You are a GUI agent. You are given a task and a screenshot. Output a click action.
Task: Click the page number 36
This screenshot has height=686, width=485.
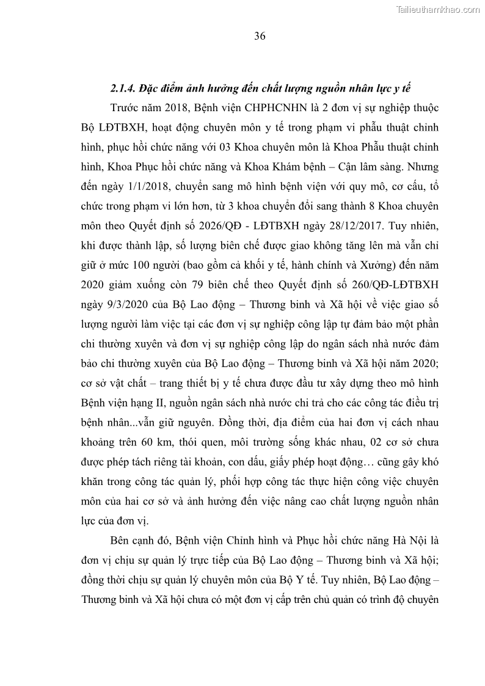[260, 36]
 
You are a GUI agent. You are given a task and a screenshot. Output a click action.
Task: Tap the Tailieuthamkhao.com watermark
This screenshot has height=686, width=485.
[439, 9]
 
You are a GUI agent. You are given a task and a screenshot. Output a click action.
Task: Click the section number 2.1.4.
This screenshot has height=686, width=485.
[123, 89]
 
